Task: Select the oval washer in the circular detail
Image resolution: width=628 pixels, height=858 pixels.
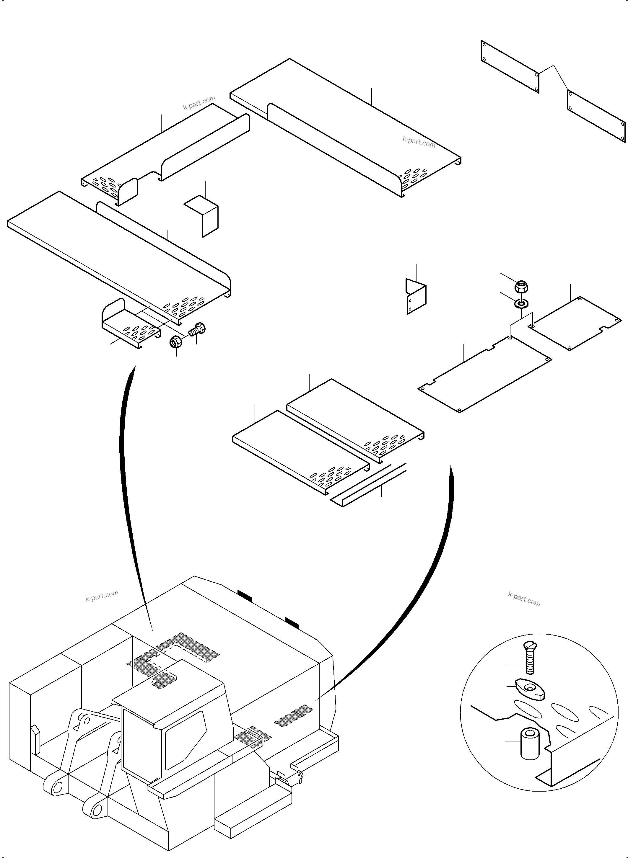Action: [530, 688]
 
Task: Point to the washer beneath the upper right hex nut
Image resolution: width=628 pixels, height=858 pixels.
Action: [521, 304]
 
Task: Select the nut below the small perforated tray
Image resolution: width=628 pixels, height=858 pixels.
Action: [176, 342]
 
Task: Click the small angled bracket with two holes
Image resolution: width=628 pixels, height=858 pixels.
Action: [416, 297]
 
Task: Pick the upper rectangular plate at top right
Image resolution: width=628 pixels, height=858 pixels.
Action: [510, 66]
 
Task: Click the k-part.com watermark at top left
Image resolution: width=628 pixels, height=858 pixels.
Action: [199, 103]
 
